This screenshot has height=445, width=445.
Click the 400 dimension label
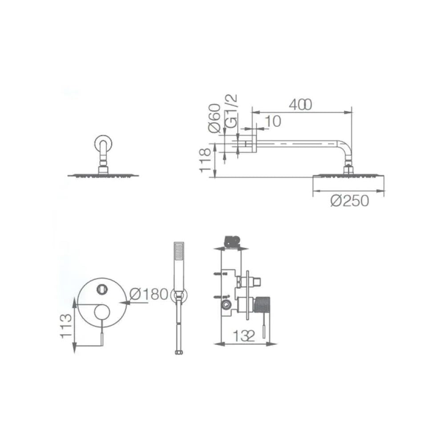pyautogui.click(x=300, y=105)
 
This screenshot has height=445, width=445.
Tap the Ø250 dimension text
pyautogui.click(x=350, y=201)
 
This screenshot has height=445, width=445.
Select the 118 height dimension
pyautogui.click(x=205, y=161)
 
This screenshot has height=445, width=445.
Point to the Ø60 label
pyautogui.click(x=214, y=118)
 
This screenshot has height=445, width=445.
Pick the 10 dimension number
pyautogui.click(x=274, y=121)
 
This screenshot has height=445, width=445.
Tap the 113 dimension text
pyautogui.click(x=66, y=325)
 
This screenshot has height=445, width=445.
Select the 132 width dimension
pyautogui.click(x=244, y=336)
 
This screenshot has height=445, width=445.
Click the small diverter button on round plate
pyautogui.click(x=102, y=289)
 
